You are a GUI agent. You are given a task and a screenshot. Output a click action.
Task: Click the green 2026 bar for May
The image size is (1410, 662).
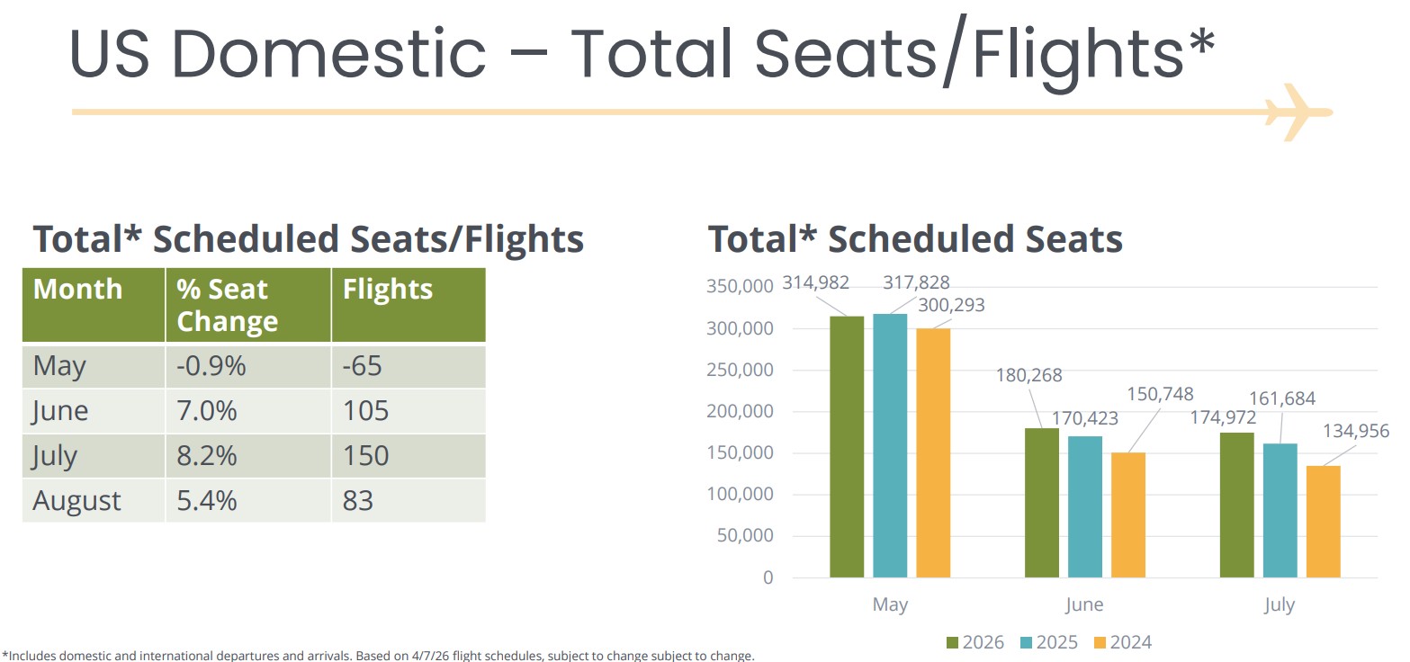(847, 446)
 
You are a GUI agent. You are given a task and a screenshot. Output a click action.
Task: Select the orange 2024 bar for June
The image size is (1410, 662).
(1128, 514)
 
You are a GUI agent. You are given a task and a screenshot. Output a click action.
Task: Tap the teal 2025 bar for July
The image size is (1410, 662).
(1280, 510)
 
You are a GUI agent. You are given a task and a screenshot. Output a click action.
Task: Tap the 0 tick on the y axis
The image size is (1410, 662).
(768, 577)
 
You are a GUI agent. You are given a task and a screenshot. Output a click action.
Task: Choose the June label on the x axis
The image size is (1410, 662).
(1084, 604)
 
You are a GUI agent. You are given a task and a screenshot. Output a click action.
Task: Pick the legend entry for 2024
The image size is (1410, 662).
(1121, 642)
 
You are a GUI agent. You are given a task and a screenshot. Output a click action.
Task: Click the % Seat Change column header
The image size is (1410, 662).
(228, 305)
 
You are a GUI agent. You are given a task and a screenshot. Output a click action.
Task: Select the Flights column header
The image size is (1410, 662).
(388, 290)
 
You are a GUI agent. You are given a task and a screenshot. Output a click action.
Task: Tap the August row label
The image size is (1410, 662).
(76, 500)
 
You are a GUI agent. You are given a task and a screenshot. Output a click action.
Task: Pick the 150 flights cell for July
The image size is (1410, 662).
(365, 455)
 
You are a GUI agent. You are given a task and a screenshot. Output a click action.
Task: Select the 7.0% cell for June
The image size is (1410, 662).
(207, 411)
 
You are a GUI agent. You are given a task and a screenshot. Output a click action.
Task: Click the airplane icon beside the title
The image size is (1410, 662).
(1297, 112)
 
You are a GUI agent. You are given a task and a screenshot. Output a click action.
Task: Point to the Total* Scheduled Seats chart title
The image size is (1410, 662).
(915, 239)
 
